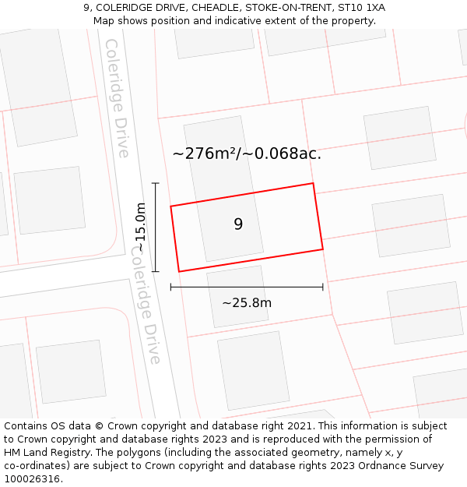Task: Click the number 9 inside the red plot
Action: (x=238, y=224)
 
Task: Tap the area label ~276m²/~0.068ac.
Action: (x=247, y=154)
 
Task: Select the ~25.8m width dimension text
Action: (x=247, y=303)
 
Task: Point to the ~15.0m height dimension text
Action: (x=140, y=227)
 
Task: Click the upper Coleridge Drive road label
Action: (x=118, y=98)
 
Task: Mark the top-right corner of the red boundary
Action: (x=313, y=184)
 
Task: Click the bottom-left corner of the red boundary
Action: (x=179, y=271)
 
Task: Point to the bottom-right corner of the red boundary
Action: (x=322, y=249)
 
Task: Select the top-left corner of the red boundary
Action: (x=170, y=206)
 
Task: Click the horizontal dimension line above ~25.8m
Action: (x=247, y=288)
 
